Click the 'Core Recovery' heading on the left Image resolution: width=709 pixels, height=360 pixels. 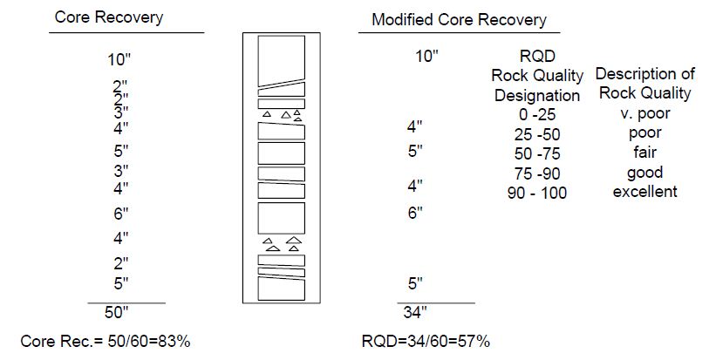(108, 17)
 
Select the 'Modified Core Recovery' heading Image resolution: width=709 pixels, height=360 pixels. (459, 20)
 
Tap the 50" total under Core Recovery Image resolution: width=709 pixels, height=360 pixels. (117, 312)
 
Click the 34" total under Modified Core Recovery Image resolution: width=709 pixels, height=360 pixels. (415, 312)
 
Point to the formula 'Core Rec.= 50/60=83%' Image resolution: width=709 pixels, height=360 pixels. (106, 342)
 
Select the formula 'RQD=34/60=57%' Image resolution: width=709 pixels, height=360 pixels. (426, 342)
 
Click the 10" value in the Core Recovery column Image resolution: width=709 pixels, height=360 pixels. (119, 59)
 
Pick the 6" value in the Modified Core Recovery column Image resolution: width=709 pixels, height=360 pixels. (415, 213)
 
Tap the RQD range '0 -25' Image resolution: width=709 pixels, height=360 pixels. (537, 115)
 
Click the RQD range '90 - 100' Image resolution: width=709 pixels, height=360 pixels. (537, 193)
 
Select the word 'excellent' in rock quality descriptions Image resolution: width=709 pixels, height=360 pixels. (644, 191)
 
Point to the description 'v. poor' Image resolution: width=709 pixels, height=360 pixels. (645, 113)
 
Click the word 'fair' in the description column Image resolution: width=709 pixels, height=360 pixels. (644, 153)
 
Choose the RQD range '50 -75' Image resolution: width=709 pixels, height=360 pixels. (537, 154)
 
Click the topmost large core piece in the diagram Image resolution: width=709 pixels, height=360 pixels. (282, 59)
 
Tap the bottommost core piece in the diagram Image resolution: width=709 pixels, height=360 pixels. (282, 289)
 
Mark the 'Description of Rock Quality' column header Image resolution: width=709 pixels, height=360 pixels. (645, 84)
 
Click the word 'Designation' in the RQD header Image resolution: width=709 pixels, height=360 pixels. (537, 96)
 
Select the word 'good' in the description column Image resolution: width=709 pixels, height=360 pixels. (644, 172)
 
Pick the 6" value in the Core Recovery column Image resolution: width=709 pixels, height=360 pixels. (120, 214)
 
